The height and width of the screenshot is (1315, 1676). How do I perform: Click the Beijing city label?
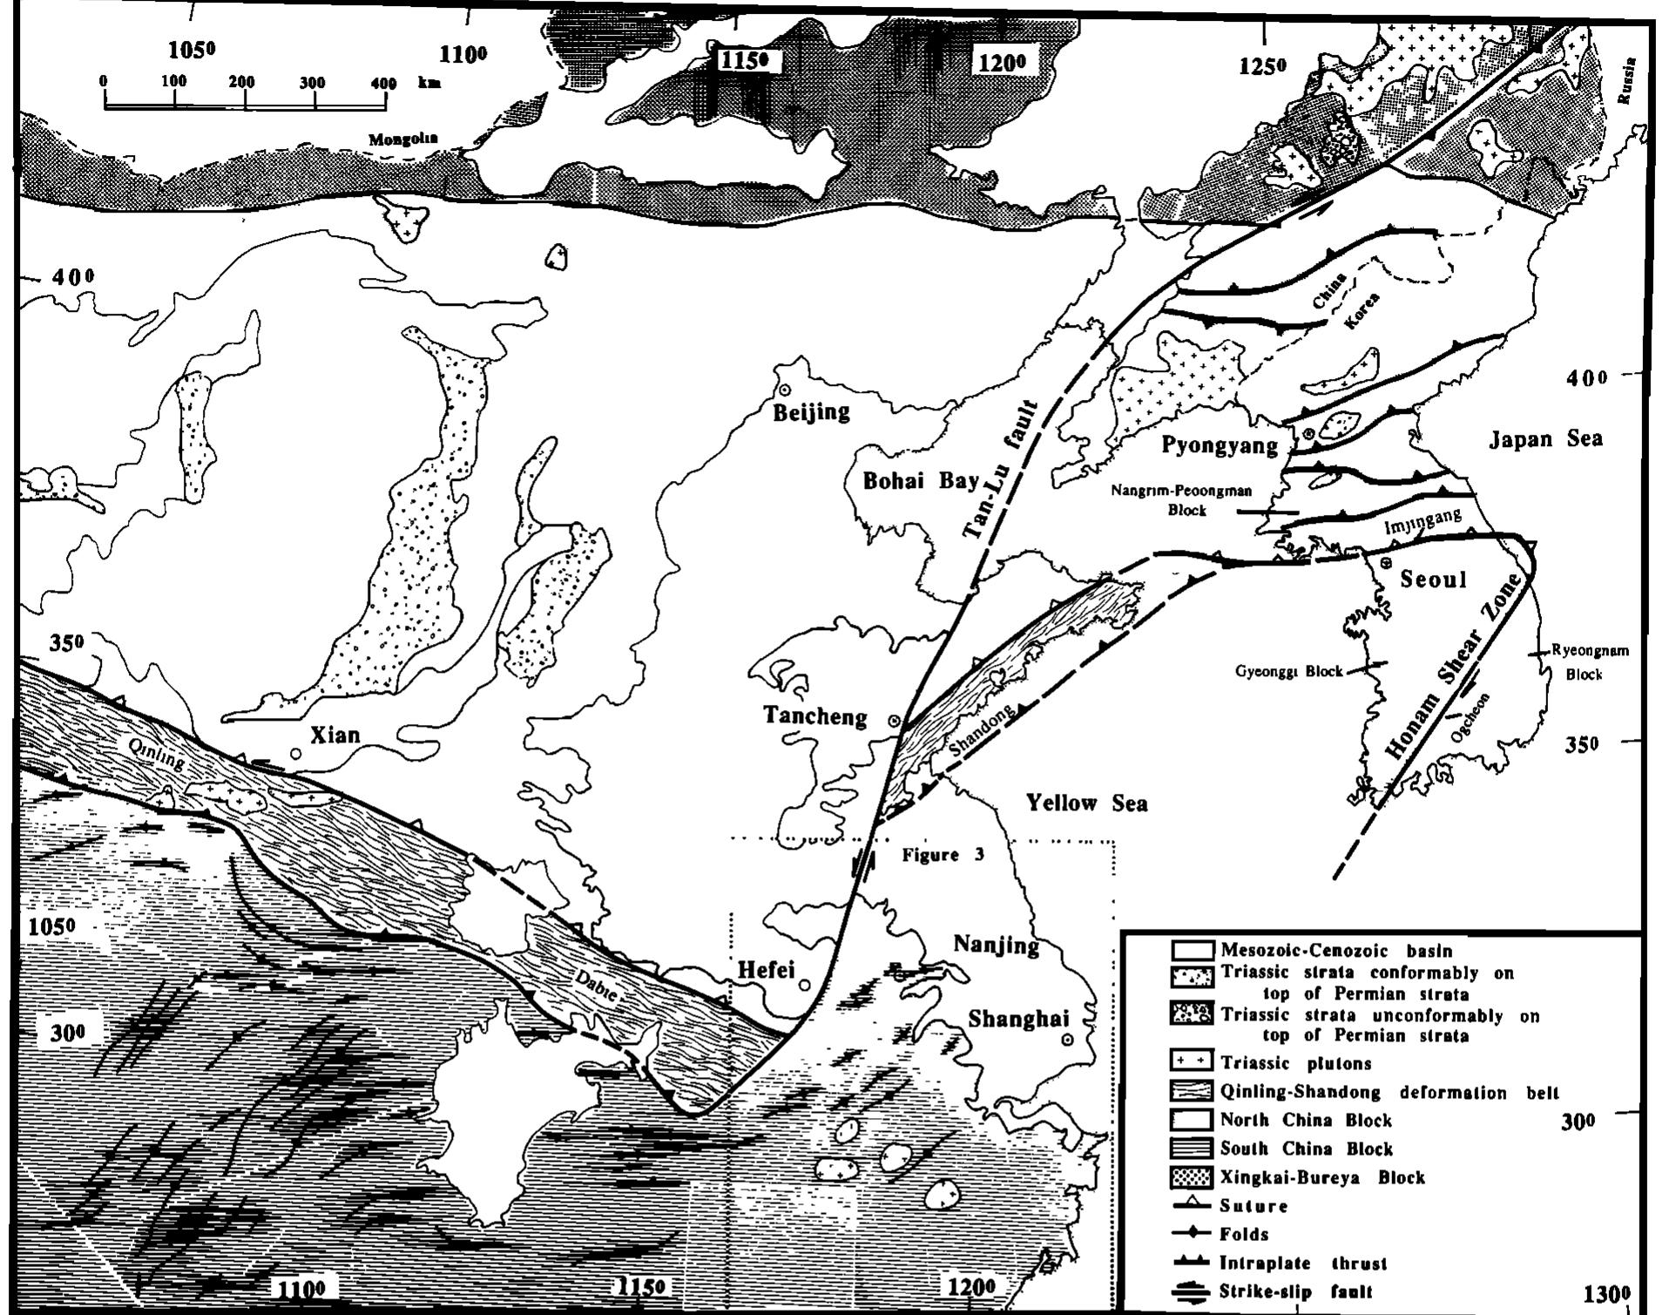(811, 411)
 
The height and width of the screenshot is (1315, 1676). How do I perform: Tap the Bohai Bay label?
(921, 481)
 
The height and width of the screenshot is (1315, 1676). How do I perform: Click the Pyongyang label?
(1220, 446)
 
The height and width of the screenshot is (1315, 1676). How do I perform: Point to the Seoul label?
(1433, 580)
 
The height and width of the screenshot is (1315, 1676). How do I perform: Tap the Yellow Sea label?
(1085, 803)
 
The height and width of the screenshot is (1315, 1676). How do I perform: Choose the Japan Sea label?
(1544, 438)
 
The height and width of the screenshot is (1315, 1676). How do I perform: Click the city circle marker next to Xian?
(296, 753)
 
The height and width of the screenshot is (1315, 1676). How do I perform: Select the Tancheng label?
(815, 716)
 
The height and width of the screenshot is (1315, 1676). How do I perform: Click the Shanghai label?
(1018, 1019)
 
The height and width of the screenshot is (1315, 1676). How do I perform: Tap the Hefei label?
(766, 969)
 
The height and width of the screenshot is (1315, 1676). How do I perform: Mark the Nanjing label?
(996, 945)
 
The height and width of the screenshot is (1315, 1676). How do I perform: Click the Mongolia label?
(402, 139)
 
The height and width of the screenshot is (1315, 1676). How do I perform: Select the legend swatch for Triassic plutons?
(1191, 1061)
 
